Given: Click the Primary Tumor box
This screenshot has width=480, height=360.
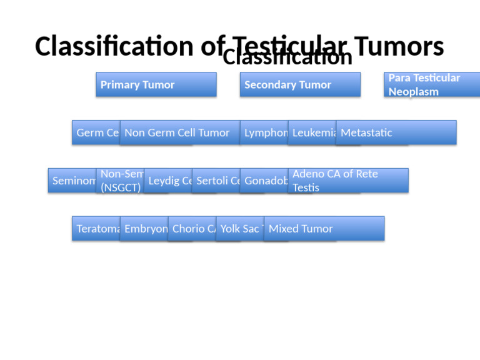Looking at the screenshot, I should point(156,84).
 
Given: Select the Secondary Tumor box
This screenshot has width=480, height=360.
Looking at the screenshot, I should point(299,84).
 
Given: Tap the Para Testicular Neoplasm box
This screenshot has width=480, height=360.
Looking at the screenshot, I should point(431,84).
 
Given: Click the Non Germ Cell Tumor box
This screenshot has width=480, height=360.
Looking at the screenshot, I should point(179,132).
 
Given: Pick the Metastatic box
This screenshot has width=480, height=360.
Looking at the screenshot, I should point(396,132).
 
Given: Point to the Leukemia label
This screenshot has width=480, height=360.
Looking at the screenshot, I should point(312,132).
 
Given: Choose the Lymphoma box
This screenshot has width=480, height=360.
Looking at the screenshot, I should point(264,132).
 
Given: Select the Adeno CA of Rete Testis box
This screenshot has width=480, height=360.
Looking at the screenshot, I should point(347,181).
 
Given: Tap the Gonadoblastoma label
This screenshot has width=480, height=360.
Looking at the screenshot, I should point(264,181).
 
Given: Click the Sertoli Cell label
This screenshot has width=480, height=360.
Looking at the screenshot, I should point(216,181).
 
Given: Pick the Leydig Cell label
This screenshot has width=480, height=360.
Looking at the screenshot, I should point(167,181).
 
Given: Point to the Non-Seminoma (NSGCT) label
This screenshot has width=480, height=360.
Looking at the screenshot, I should point(120,181).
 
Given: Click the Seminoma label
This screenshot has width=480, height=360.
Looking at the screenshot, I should point(72,181).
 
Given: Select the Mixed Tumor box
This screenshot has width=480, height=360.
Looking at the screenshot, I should point(324,229).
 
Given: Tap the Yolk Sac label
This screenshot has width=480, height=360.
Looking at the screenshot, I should point(239,229).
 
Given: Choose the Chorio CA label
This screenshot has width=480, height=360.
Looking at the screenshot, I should point(192,229).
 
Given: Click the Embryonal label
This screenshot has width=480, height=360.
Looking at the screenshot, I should point(144,229).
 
